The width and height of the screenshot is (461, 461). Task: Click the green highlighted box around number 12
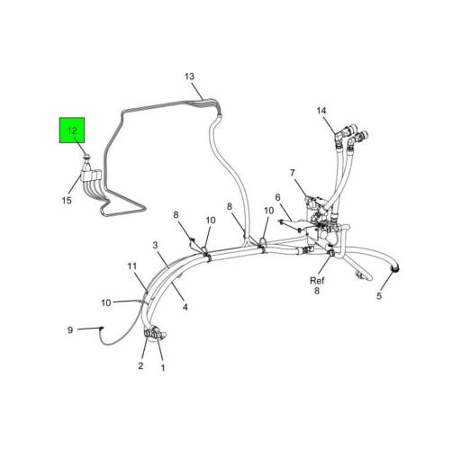click(x=72, y=131)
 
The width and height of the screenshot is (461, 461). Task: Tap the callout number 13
click(x=189, y=77)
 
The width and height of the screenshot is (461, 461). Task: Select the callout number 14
click(x=321, y=111)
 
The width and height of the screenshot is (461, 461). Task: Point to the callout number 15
click(x=67, y=200)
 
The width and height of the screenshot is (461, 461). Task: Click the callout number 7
click(x=293, y=173)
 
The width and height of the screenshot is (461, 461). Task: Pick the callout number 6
click(x=277, y=197)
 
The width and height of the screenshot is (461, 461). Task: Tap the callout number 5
click(x=379, y=296)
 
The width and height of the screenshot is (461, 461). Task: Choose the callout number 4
click(x=185, y=307)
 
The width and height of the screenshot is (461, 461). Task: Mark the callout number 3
click(x=155, y=245)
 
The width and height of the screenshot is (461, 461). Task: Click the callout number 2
click(x=140, y=366)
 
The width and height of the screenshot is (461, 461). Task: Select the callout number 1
click(x=163, y=367)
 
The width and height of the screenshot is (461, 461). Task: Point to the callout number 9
click(x=70, y=330)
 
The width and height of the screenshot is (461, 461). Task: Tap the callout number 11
click(x=132, y=267)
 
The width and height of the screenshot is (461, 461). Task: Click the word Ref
click(x=317, y=281)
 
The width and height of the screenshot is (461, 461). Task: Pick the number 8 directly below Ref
click(x=317, y=291)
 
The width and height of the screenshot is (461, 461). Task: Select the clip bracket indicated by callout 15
click(x=90, y=175)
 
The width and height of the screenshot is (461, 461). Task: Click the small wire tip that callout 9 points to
click(x=102, y=329)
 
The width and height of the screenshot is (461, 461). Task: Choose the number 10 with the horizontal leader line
click(x=106, y=303)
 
